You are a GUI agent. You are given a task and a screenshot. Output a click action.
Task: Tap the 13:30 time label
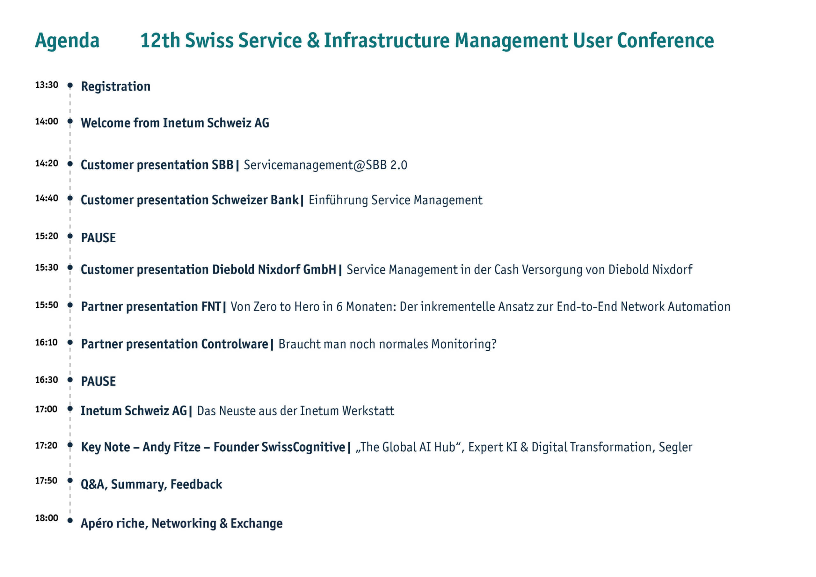(47, 85)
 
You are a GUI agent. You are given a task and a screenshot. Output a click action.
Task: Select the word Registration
(115, 87)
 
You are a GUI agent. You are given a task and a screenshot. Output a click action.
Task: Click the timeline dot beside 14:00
(70, 121)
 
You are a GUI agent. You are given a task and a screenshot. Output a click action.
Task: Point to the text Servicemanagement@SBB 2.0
(325, 165)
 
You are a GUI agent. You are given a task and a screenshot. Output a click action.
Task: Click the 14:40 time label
(47, 198)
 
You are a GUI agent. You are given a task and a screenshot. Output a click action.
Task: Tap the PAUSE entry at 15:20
(98, 238)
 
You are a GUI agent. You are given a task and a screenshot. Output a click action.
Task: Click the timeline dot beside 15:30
(70, 267)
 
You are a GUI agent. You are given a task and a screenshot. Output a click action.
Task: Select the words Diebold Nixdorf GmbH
(274, 269)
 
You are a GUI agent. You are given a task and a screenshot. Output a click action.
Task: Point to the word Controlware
(235, 344)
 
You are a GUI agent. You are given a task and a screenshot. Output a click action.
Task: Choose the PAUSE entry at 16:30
(98, 382)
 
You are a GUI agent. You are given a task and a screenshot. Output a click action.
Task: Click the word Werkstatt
(368, 411)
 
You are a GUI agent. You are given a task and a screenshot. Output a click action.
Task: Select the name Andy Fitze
(172, 447)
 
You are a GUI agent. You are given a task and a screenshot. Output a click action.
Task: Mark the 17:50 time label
(46, 481)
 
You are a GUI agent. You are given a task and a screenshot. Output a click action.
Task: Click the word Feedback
(196, 484)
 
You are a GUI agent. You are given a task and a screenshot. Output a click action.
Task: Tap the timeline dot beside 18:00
(70, 521)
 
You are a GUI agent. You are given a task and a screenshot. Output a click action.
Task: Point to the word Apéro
(97, 524)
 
